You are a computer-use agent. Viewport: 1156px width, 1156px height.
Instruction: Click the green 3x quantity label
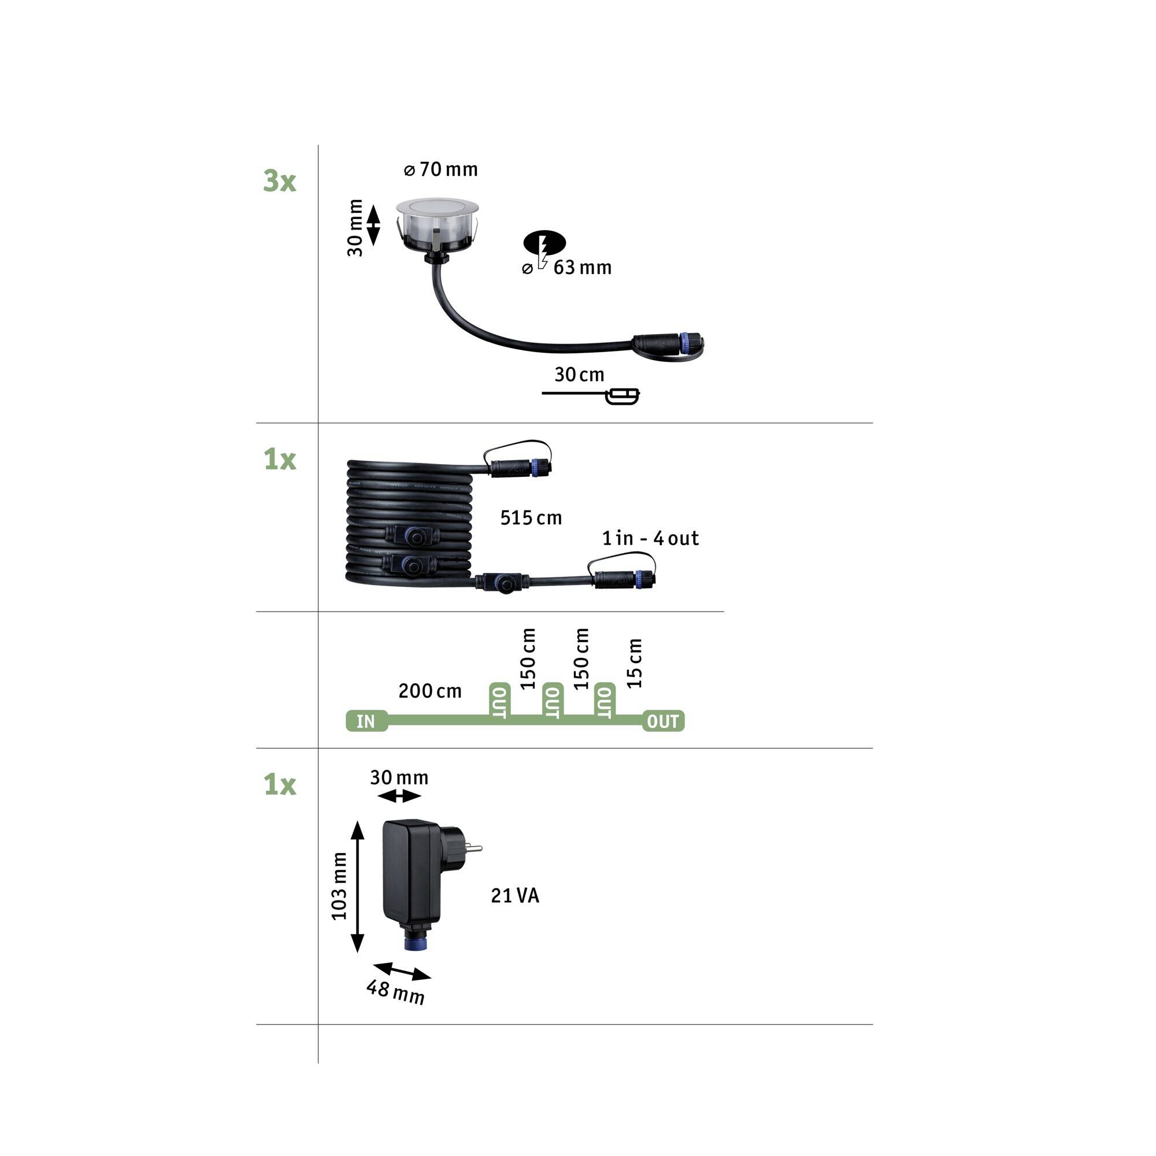click(279, 181)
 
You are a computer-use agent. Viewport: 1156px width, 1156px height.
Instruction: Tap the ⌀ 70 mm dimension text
click(441, 170)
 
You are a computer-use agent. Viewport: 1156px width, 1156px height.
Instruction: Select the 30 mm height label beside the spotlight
click(355, 228)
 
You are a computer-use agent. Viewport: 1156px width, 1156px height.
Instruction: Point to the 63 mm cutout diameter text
click(581, 268)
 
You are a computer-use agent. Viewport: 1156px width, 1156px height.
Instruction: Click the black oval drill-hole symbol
click(544, 242)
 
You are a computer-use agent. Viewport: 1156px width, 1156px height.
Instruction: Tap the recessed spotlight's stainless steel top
click(437, 207)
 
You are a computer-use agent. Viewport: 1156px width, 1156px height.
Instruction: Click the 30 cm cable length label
click(579, 375)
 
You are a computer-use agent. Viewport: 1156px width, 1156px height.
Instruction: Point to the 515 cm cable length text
click(531, 517)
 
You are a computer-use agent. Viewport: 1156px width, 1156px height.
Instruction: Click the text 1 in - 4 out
click(650, 539)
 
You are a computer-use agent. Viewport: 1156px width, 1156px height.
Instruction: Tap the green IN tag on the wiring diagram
click(366, 721)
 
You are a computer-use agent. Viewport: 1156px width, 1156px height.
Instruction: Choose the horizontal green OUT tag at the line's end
click(663, 721)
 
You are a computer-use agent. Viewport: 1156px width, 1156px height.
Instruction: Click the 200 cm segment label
click(430, 691)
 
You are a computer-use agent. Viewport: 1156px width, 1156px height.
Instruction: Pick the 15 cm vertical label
click(634, 663)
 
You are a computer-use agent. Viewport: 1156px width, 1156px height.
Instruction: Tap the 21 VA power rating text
click(515, 896)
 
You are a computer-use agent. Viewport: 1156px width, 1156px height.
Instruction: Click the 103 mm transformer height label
click(339, 886)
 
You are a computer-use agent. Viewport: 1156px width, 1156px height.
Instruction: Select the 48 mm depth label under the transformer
click(395, 992)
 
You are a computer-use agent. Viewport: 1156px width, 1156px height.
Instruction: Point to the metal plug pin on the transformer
click(474, 847)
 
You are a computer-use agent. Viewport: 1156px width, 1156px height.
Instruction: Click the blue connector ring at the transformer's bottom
click(415, 945)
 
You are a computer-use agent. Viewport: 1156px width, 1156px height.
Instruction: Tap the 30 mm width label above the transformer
click(399, 778)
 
